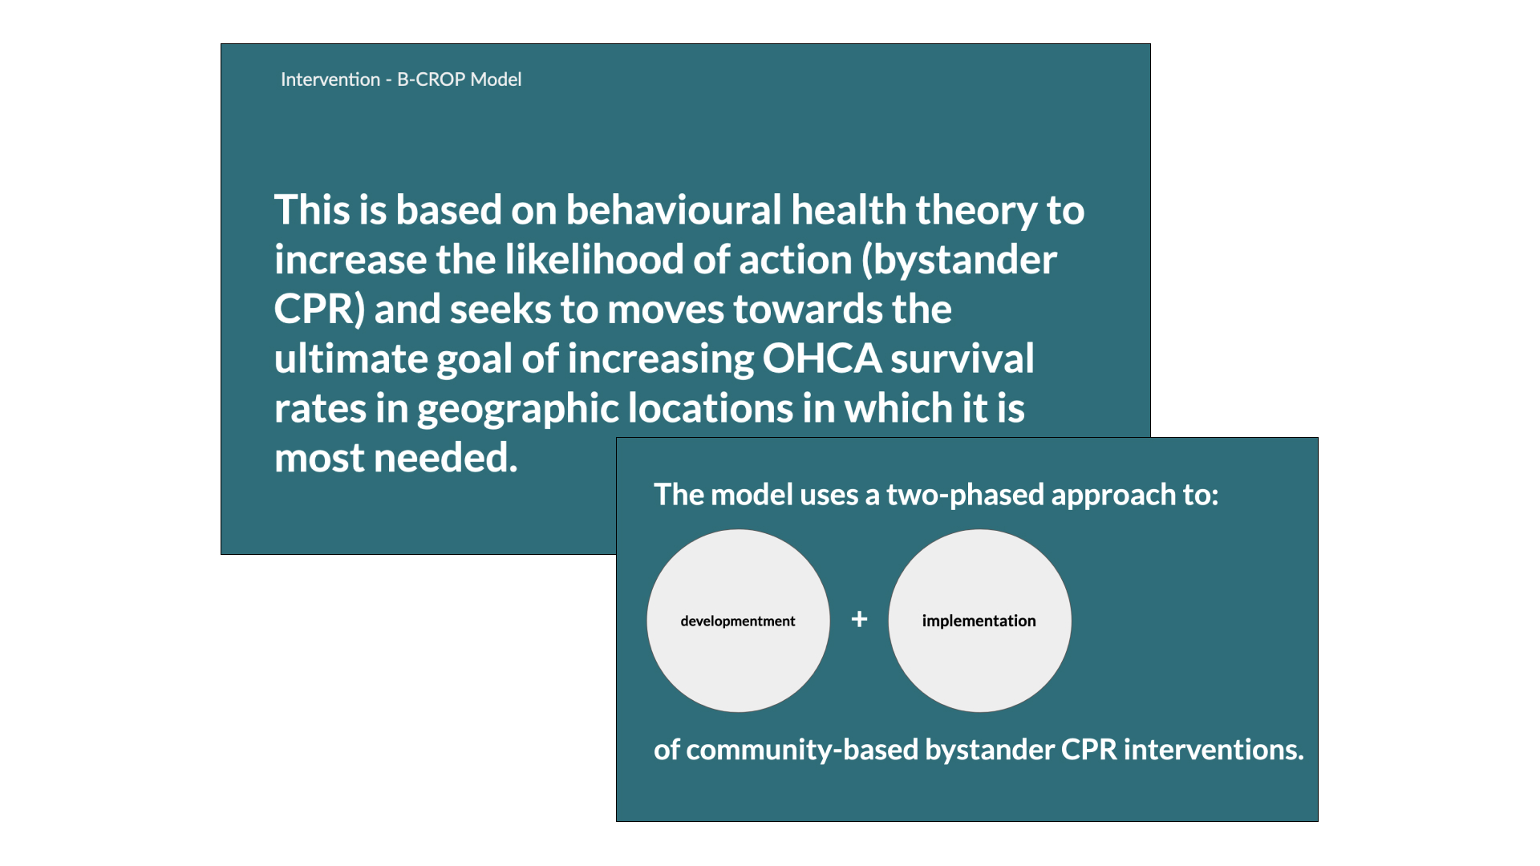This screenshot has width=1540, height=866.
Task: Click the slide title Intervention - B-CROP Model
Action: (x=401, y=79)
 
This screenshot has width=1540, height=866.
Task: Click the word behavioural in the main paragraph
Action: (x=674, y=210)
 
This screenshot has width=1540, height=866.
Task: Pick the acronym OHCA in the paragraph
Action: (x=821, y=358)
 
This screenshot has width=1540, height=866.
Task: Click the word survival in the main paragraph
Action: (x=962, y=358)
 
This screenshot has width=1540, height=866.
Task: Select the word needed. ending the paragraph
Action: (x=446, y=458)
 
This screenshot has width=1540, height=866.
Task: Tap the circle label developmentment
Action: (x=738, y=621)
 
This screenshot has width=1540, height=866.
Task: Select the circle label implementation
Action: (x=979, y=621)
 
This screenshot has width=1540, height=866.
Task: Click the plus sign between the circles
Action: (x=859, y=619)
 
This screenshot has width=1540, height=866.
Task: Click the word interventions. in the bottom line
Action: (x=1214, y=750)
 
